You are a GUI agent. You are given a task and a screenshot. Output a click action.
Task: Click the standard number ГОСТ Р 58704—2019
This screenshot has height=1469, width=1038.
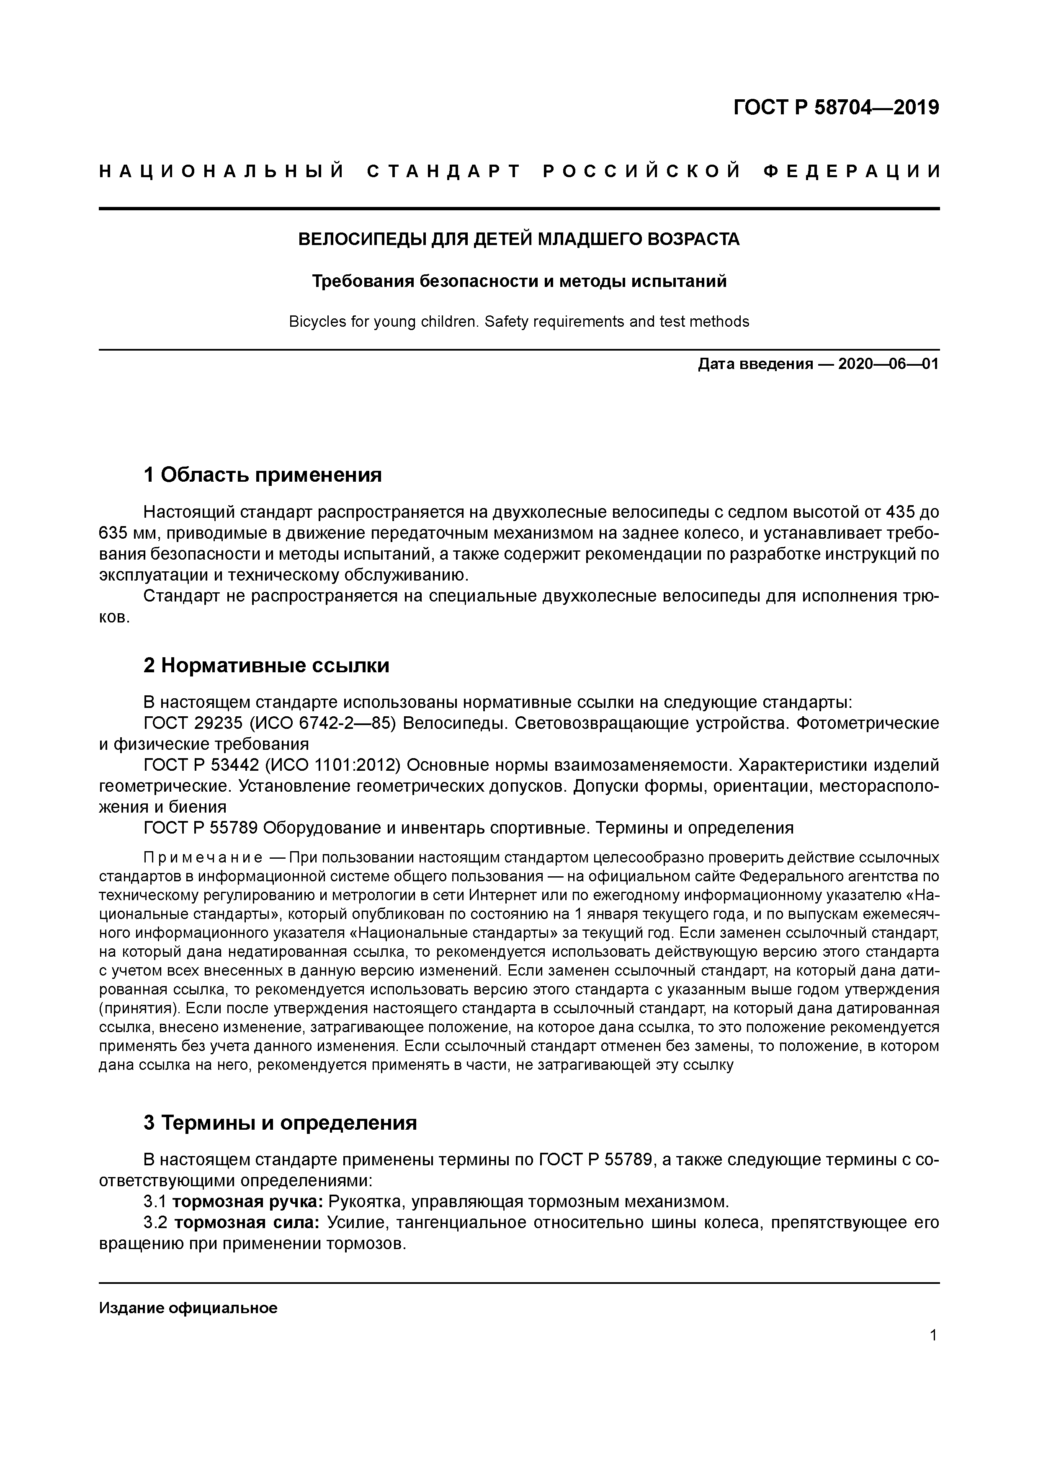pos(836,108)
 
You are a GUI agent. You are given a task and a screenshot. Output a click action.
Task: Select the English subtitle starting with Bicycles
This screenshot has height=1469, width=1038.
pos(519,322)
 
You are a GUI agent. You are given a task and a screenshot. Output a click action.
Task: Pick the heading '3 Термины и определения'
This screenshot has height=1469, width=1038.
pos(280,1123)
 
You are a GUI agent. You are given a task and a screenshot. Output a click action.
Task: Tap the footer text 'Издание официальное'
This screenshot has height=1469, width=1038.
pos(188,1308)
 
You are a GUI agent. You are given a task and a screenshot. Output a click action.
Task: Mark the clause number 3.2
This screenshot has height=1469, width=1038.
pos(155,1223)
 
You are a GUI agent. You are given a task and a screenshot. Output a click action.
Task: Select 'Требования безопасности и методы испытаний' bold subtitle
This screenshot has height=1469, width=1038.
pos(519,281)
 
